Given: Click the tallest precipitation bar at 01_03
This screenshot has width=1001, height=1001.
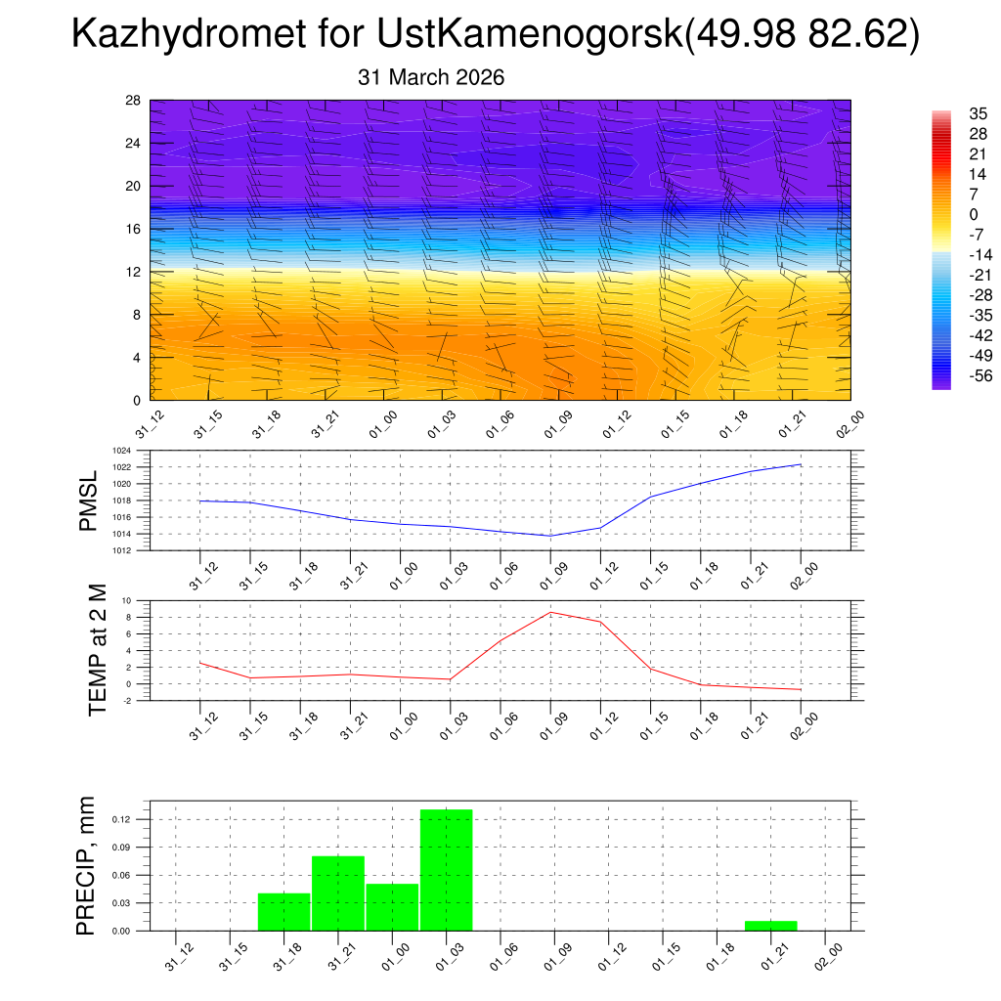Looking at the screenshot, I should (x=447, y=870).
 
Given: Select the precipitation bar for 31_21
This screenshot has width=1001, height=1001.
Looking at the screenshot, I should (x=338, y=893).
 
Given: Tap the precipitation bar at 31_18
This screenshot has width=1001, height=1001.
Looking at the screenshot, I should (x=284, y=911).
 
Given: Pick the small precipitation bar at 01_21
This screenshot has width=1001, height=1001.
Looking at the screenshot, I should (x=770, y=925).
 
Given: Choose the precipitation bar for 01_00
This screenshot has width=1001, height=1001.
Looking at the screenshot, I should (x=392, y=907).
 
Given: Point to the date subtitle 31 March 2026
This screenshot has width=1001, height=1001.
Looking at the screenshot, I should (x=431, y=77).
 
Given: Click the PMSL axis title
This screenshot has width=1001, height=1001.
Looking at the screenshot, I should (x=89, y=501).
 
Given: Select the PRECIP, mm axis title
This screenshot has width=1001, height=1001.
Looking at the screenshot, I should (x=87, y=866).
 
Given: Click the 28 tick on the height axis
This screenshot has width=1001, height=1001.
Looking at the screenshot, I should (x=134, y=101).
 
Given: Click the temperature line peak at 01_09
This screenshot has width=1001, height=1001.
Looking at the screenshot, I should (x=550, y=612).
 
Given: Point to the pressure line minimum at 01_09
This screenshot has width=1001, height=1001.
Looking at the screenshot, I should (x=550, y=536).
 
